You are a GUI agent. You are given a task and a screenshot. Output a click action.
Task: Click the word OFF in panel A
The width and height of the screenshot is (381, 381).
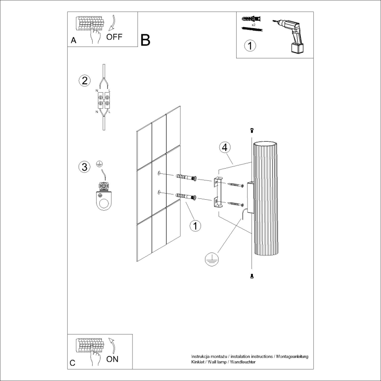115,37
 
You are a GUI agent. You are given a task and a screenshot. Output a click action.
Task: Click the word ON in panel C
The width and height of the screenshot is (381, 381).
112,359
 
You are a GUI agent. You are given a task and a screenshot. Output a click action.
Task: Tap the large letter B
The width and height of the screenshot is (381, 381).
146,40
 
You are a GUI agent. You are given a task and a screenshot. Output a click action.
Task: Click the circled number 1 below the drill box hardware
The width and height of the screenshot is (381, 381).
250,46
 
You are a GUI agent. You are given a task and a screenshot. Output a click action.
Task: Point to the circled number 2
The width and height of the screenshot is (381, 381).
84,80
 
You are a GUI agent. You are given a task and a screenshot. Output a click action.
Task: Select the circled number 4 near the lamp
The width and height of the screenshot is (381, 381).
224,147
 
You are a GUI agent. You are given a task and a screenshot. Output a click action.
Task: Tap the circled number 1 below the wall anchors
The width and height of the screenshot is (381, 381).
195,226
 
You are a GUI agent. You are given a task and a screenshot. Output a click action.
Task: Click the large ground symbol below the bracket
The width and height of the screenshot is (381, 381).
211,260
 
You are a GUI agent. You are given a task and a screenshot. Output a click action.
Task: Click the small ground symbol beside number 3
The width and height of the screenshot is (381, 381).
99,164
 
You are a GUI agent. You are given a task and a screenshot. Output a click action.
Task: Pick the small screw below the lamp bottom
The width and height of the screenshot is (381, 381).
252,276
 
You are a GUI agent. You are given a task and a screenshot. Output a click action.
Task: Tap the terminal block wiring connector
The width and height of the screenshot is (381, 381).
104,101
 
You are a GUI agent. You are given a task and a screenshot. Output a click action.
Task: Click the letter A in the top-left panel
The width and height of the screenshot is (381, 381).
73,40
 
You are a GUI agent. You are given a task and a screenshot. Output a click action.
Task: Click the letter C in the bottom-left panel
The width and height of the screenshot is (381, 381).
73,363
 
